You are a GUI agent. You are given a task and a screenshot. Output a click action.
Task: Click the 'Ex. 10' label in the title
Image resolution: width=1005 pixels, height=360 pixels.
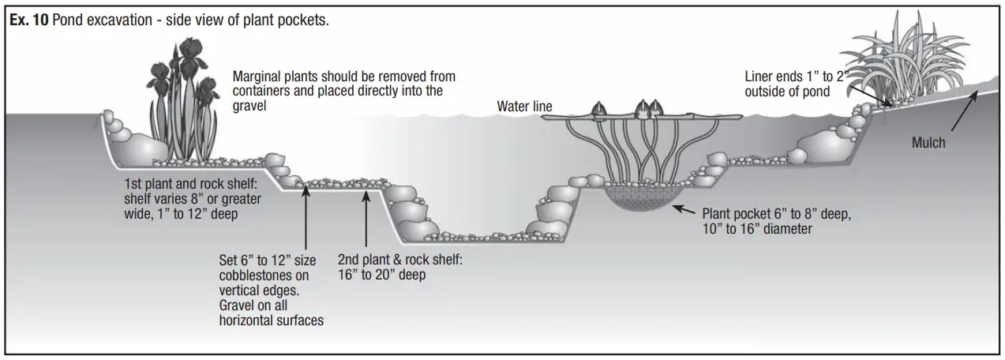click(x=28, y=20)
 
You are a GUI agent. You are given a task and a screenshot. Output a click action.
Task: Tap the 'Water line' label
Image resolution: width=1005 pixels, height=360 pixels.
click(x=524, y=106)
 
